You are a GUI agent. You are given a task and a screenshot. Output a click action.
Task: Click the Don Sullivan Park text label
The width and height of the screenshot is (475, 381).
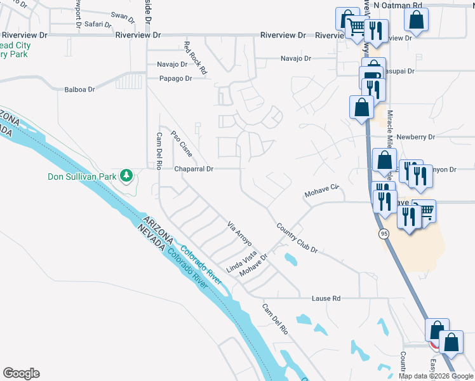pyautogui.click(x=82, y=177)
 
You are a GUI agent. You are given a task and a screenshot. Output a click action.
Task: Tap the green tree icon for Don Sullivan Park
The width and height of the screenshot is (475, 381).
pyautogui.click(x=127, y=175)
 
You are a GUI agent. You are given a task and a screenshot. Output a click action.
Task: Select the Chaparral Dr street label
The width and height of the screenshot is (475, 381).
pyautogui.click(x=194, y=170)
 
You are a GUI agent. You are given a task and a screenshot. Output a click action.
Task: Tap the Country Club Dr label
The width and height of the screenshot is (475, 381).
pyautogui.click(x=297, y=237)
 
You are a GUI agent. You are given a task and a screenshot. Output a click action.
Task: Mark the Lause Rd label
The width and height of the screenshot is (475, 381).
pyautogui.click(x=326, y=298)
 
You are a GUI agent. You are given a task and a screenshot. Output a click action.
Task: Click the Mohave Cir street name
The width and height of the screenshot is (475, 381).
pyautogui.click(x=323, y=190)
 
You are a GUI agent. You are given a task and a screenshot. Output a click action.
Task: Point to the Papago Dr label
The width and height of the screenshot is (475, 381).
pyautogui.click(x=175, y=79)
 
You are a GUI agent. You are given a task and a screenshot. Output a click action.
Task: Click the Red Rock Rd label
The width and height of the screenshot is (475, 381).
pyautogui.click(x=195, y=58)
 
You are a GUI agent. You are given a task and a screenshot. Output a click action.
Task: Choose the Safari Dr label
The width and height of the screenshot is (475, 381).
pyautogui.click(x=98, y=25)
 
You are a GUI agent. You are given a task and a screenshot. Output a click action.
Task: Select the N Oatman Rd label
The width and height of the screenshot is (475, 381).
pyautogui.click(x=398, y=5)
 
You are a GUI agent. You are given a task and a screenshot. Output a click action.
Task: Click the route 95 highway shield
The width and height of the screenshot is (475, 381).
pyautogui.click(x=384, y=234)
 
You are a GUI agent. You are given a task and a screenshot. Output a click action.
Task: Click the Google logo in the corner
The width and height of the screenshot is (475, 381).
pyautogui.click(x=21, y=373)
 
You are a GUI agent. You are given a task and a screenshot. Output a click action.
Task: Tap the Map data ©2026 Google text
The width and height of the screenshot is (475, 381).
pyautogui.click(x=435, y=376)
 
